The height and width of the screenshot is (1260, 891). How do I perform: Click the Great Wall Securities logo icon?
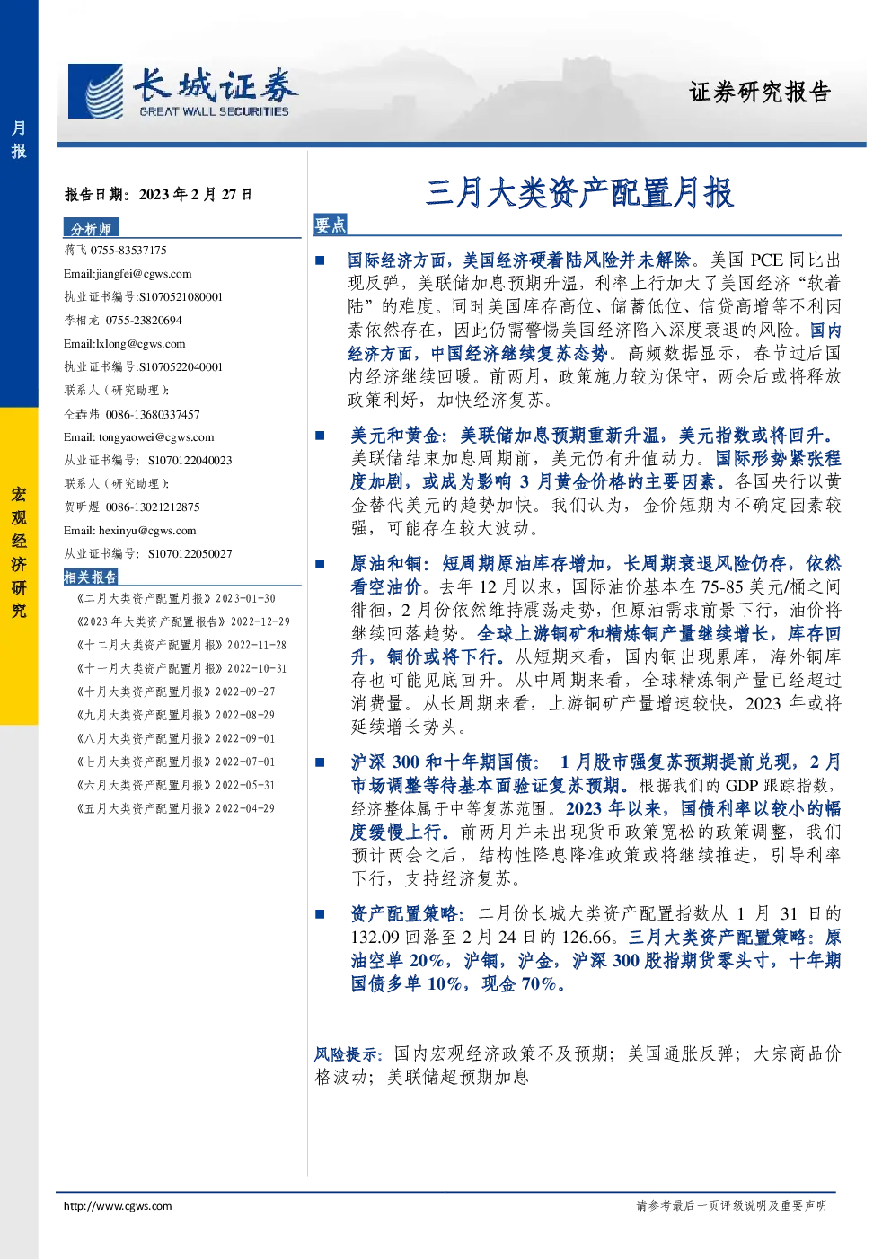(x=95, y=91)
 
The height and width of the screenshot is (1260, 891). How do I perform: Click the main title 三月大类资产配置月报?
(x=580, y=193)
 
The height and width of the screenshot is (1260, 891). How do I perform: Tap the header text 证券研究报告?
(x=759, y=92)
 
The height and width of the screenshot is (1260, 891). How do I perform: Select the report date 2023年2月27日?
(x=196, y=195)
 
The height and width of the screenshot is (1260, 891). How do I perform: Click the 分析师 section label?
(x=91, y=228)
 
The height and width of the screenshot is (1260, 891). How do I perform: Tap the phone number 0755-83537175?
(x=128, y=251)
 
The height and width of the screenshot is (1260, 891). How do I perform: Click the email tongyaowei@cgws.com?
(x=156, y=437)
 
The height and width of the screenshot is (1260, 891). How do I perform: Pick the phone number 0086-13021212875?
(x=153, y=507)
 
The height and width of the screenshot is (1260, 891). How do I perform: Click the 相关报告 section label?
(x=91, y=577)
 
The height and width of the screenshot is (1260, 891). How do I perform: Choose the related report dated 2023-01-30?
(x=176, y=598)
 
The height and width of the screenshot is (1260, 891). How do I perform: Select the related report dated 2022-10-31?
(x=181, y=668)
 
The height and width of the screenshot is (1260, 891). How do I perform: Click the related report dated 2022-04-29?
(x=175, y=808)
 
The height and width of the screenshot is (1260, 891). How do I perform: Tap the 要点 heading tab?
(x=330, y=225)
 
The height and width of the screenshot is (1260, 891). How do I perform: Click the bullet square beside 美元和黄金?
(x=320, y=435)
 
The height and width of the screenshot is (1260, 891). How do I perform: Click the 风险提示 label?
(x=348, y=1053)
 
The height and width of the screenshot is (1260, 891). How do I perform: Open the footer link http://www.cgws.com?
(x=118, y=1205)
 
